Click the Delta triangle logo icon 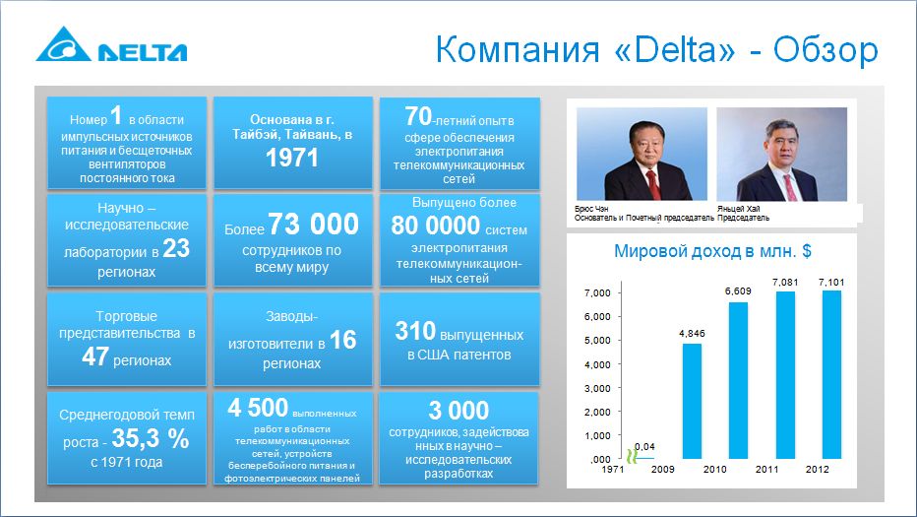[64, 44]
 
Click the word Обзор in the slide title [825, 50]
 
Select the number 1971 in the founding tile [292, 159]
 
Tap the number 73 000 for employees [314, 224]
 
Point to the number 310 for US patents [415, 331]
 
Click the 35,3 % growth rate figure [151, 438]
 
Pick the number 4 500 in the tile [258, 408]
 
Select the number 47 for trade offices [95, 355]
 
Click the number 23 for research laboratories [176, 249]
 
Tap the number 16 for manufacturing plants [342, 340]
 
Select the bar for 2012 [831, 374]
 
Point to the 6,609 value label [738, 291]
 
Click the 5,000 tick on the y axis [597, 340]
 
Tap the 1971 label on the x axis [612, 469]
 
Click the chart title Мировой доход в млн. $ [712, 251]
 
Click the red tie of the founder [652, 183]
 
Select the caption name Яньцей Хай [739, 209]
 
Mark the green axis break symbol [632, 456]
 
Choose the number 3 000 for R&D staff [458, 411]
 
